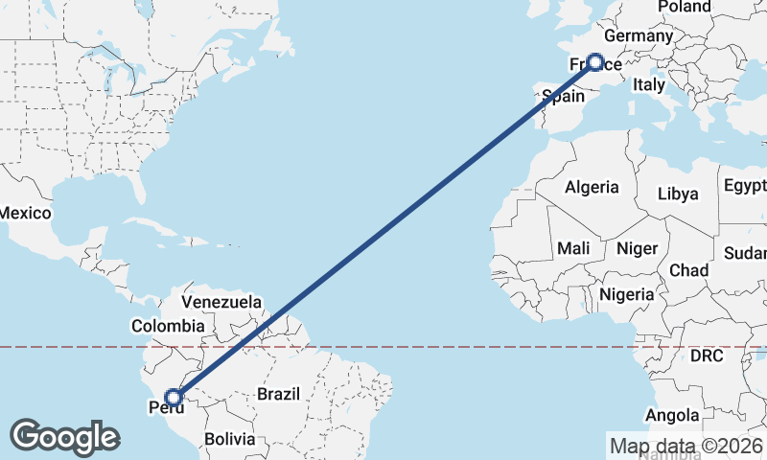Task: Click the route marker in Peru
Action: coord(174,397)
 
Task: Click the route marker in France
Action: coord(594,62)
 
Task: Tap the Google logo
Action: coord(64,437)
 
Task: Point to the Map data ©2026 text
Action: coord(686,446)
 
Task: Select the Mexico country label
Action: coord(24,212)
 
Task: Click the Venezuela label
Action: coord(221,302)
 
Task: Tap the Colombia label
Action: coord(168,326)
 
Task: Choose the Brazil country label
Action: coord(279,393)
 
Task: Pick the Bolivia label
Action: coord(230,439)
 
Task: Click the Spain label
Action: coord(563,96)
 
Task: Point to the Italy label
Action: coord(649,85)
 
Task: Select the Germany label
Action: coord(639,36)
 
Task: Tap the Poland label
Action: coord(685,8)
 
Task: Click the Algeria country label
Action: coord(592,188)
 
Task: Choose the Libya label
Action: coord(678,194)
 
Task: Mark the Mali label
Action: coord(573,248)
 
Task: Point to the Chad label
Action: coord(689,270)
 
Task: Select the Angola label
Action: coord(671,415)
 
